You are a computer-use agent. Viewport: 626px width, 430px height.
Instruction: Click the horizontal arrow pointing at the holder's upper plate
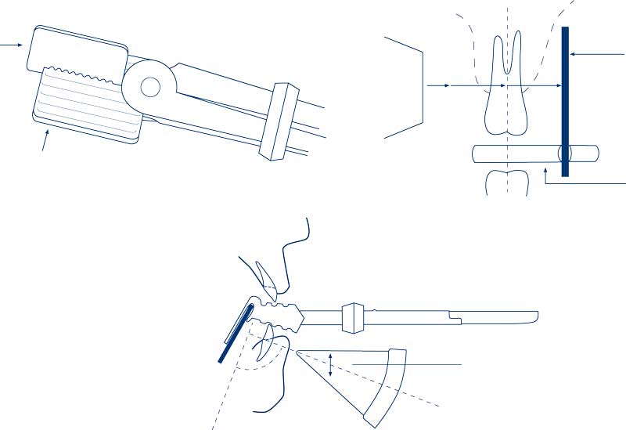coord(11,45)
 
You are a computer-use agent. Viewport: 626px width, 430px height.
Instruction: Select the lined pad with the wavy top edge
coord(86,103)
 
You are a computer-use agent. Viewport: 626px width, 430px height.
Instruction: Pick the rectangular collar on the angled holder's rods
coord(279,121)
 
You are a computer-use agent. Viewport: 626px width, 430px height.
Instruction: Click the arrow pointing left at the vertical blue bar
coord(599,55)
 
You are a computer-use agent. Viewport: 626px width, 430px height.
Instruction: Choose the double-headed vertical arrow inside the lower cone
coord(331,365)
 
